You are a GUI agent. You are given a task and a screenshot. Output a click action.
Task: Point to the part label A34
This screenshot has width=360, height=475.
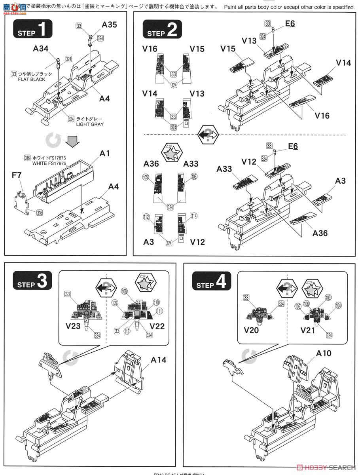coord(41,49)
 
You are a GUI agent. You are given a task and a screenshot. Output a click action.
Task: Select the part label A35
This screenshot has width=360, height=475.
coord(109,25)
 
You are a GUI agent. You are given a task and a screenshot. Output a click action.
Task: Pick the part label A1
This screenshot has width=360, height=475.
coord(105,154)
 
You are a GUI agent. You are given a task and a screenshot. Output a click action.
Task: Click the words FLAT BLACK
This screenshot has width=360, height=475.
coord(32,79)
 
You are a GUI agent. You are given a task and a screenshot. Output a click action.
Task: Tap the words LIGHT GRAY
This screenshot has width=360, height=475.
coord(91,124)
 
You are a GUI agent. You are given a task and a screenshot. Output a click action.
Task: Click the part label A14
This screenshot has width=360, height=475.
coord(158,360)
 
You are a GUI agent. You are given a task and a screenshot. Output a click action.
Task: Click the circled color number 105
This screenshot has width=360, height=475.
coord(146,178)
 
